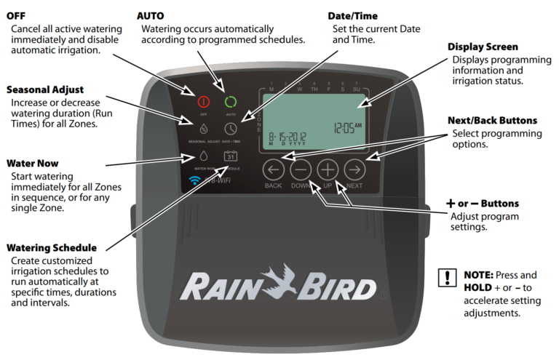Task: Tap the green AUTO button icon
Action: click(x=231, y=102)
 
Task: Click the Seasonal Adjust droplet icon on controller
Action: click(x=204, y=128)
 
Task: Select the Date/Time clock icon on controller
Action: click(x=231, y=128)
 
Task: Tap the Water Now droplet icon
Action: click(x=204, y=156)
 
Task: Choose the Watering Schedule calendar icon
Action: click(x=231, y=156)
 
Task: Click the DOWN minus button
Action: click(x=301, y=170)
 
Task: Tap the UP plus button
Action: click(x=328, y=170)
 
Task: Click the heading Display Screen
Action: click(x=487, y=47)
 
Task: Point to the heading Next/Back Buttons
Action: click(x=494, y=120)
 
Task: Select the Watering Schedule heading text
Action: click(x=51, y=248)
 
